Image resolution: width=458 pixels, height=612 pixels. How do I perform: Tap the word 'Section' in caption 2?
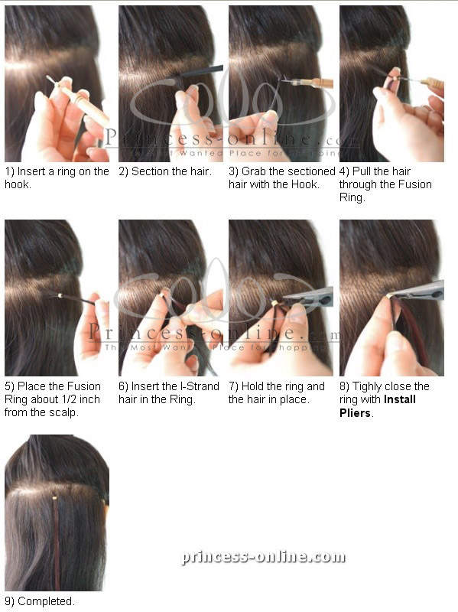click(x=150, y=171)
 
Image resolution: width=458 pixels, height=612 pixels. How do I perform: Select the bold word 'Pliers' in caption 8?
click(x=355, y=413)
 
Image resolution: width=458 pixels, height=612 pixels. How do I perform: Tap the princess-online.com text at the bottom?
click(x=263, y=557)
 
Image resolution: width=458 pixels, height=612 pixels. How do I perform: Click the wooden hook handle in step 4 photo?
click(x=433, y=83)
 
